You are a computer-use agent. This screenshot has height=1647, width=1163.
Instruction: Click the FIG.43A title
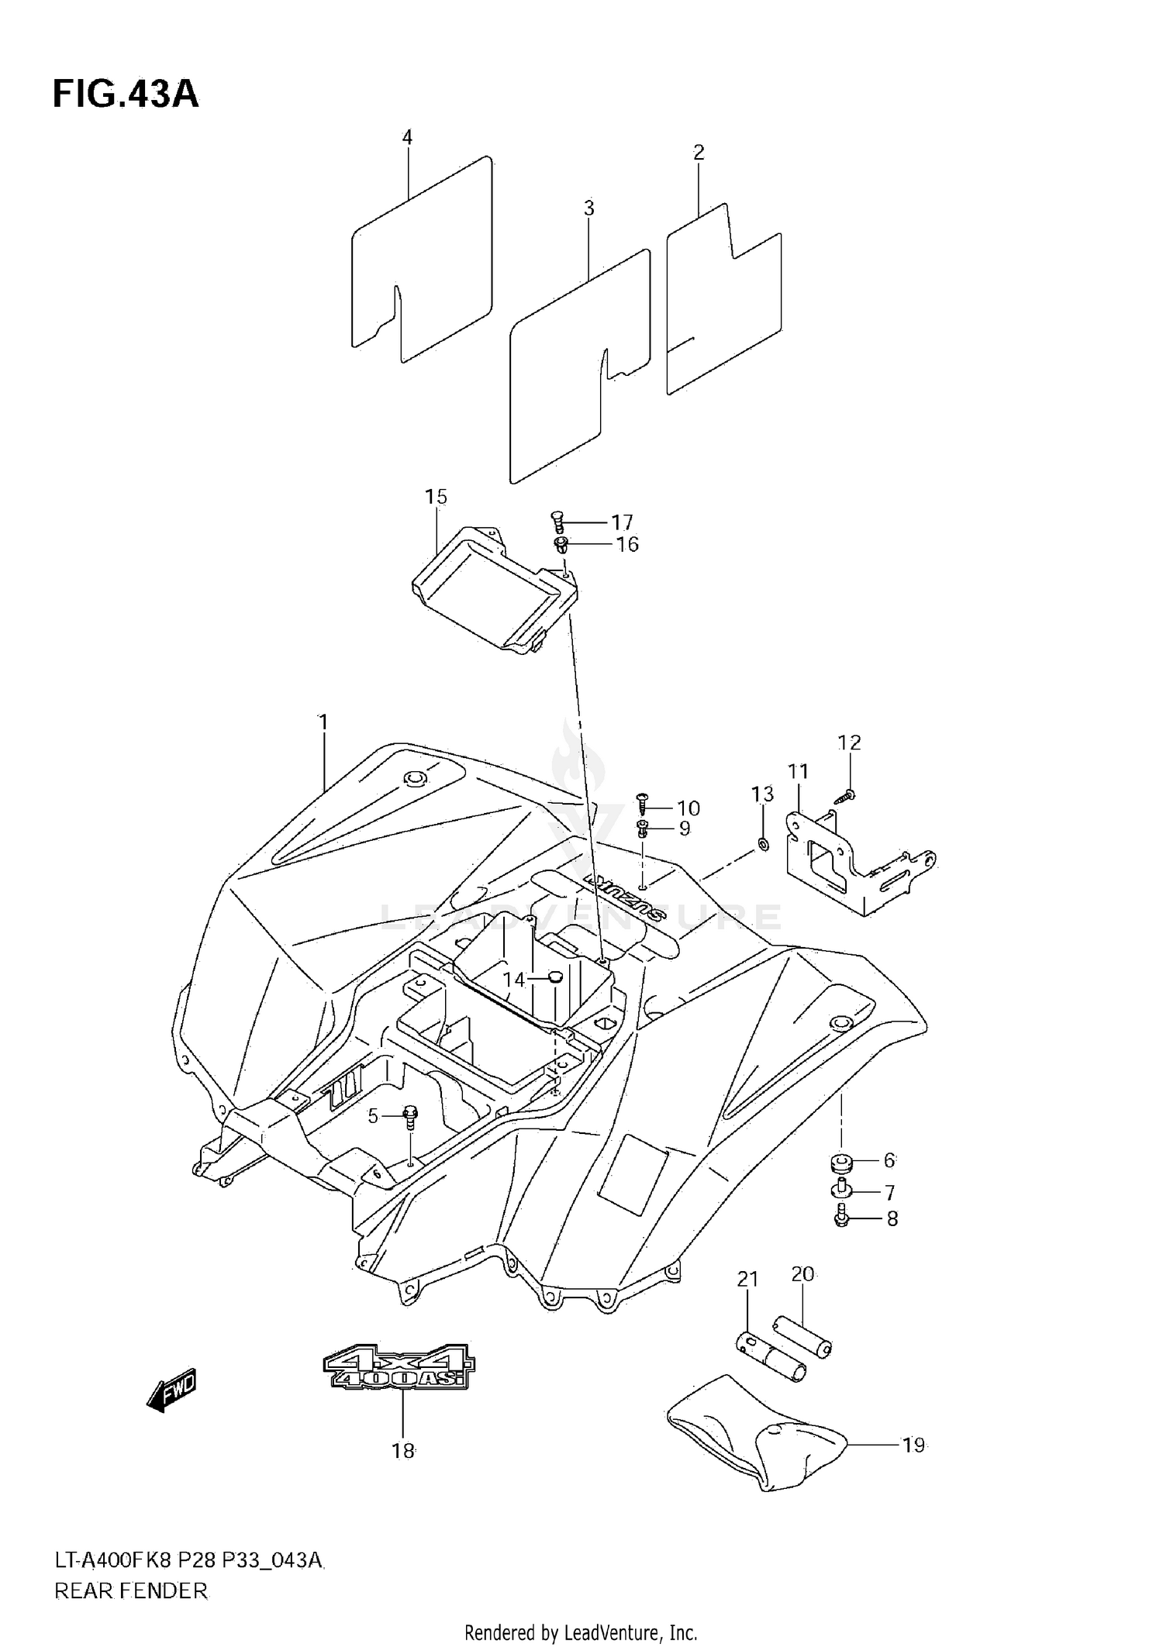126,95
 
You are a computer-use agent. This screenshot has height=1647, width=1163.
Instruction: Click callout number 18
403,1451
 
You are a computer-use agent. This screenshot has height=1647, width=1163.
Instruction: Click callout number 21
747,1279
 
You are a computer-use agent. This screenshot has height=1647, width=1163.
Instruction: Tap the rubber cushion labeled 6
840,1162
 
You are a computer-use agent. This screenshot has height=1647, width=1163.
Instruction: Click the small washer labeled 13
763,844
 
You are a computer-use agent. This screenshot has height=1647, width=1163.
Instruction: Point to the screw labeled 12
847,795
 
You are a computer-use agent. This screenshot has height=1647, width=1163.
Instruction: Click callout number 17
622,522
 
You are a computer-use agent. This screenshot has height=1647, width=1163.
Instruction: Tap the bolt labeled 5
410,1117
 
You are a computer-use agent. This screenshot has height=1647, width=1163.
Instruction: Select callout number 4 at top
407,138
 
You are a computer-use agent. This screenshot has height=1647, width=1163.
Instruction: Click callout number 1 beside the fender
323,722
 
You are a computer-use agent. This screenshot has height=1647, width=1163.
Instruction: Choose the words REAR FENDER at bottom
131,1591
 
